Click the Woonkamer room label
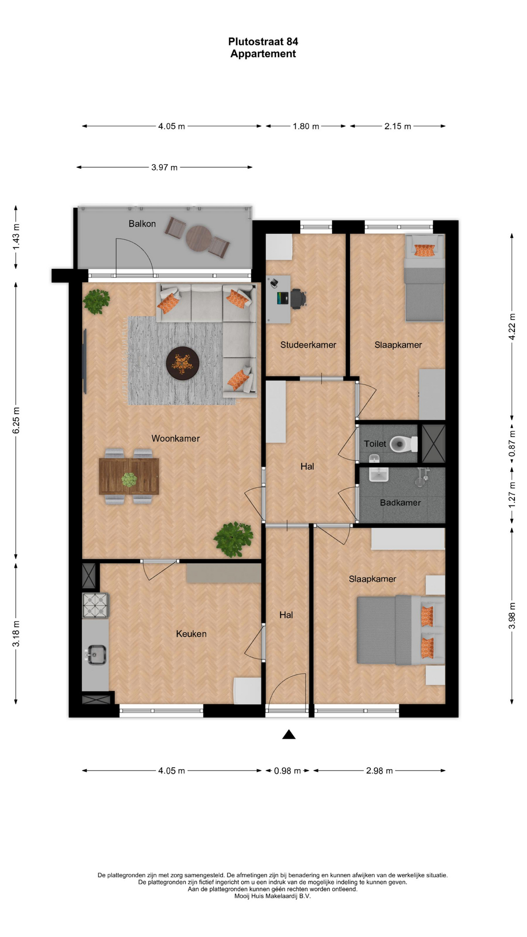[175, 438]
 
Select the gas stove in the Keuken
[95, 606]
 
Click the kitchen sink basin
[96, 655]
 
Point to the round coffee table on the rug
[182, 363]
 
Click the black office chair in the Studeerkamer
[298, 298]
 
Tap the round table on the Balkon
[198, 238]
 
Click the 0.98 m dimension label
[287, 771]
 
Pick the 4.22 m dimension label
[512, 326]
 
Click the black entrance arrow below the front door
[289, 734]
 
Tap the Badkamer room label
[400, 503]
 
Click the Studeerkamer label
[308, 345]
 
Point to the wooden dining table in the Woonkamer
[129, 476]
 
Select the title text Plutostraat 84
[263, 41]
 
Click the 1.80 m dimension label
[306, 126]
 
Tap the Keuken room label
[191, 634]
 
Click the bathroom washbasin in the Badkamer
[379, 474]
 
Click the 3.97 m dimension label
[164, 167]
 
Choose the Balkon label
[142, 224]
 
